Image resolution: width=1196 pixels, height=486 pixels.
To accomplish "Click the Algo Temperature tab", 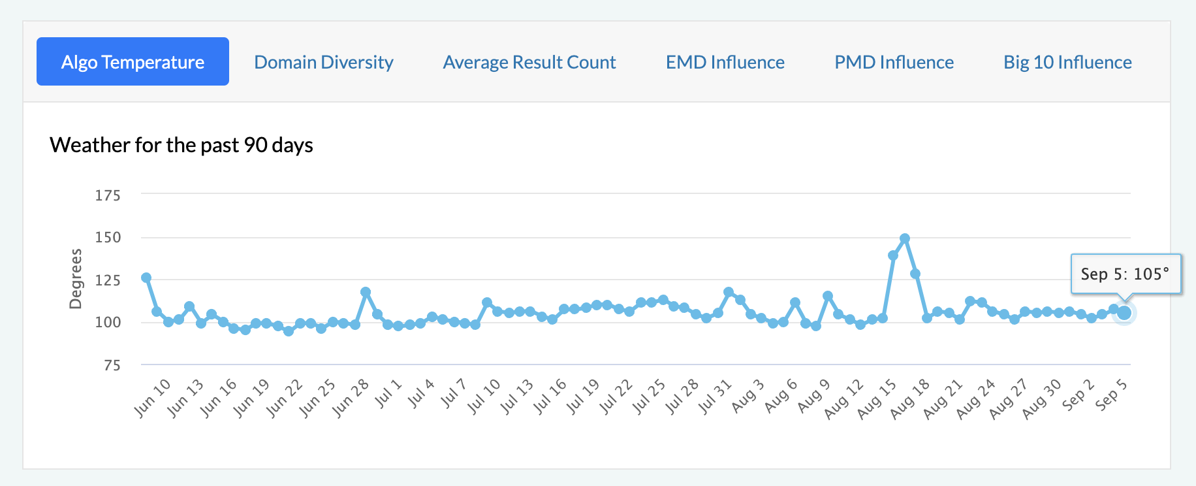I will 133,62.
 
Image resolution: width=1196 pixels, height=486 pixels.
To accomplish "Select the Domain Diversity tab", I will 323,62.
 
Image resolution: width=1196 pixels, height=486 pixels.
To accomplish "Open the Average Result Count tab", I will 529,62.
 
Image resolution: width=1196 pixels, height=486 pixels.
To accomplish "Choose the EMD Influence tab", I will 725,62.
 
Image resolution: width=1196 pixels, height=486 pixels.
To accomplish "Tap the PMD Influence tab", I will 894,62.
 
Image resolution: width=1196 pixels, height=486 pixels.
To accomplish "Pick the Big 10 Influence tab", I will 1067,62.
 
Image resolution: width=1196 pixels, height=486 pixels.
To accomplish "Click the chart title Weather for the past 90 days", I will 181,144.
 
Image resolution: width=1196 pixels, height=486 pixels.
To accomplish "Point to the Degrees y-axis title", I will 76,278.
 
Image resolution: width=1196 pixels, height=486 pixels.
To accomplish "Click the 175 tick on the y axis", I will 108,195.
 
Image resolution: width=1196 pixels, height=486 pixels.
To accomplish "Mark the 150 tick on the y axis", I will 108,237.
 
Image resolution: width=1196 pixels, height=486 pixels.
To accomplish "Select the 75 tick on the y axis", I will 112,365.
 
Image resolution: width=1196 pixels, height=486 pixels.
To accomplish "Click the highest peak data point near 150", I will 904,239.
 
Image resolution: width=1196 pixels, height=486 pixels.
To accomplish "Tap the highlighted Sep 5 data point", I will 1124,313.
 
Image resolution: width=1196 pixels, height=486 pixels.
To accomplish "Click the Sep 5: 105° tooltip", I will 1125,274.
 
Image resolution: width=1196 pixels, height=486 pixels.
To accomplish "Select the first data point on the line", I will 146,278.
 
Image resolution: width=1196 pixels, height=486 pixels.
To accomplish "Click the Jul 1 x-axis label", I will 389,393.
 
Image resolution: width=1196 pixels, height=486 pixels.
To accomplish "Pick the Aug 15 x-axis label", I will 877,398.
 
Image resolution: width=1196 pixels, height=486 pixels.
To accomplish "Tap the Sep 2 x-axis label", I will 1078,394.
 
